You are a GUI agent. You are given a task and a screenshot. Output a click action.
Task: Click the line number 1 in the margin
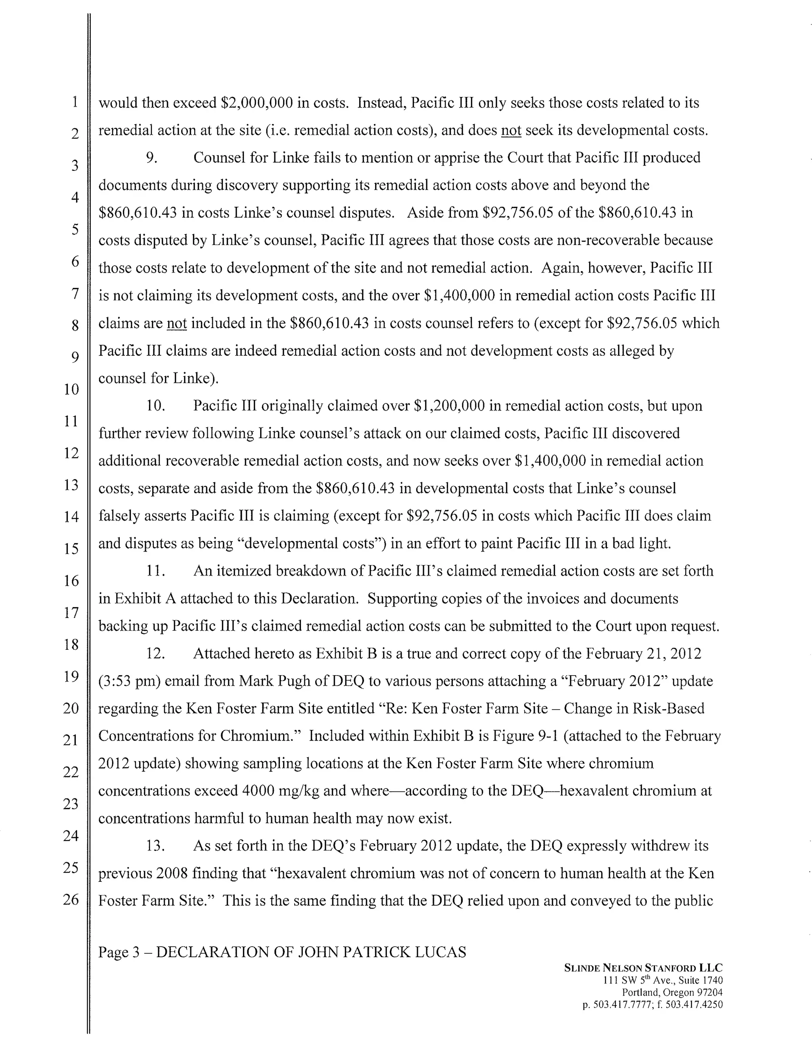tap(75, 102)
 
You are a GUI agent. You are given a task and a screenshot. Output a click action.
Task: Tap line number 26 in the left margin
tap(71, 899)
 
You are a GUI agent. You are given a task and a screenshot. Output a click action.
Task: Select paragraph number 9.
tap(152, 158)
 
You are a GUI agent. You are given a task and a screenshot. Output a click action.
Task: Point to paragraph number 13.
tap(155, 845)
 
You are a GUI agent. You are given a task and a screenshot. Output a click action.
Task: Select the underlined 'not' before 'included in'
tap(176, 323)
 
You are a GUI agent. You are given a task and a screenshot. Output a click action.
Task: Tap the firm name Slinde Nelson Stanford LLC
tap(643, 968)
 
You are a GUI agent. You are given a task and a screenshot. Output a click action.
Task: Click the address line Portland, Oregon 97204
tap(672, 992)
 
